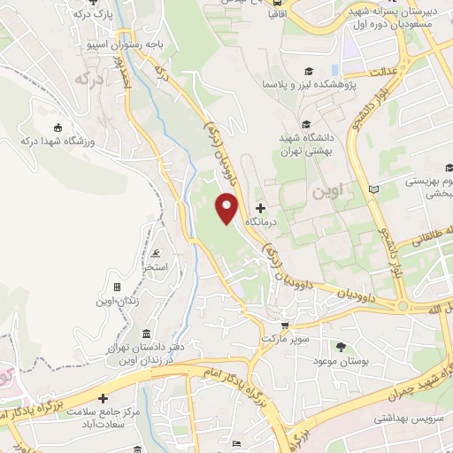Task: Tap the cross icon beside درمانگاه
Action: [259, 206]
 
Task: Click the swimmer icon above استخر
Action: [156, 251]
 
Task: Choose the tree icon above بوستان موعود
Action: [342, 346]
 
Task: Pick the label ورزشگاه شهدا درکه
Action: [58, 140]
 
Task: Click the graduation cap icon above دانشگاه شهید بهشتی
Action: [306, 125]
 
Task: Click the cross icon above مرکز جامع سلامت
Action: [104, 399]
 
